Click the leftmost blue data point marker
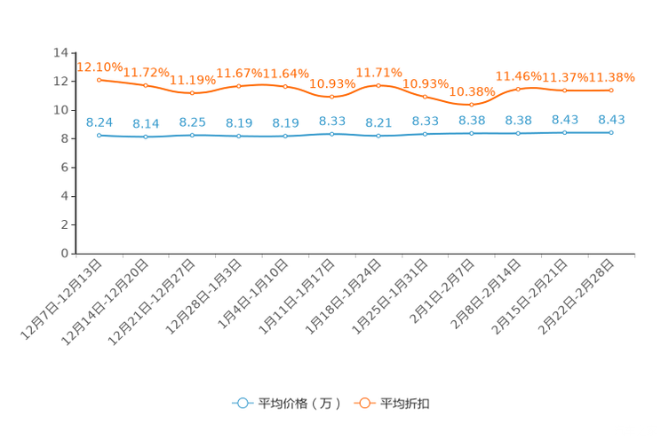click(100, 136)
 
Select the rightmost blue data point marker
click(611, 133)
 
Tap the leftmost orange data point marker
click(100, 80)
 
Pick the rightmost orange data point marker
click(611, 90)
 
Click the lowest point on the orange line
click(472, 104)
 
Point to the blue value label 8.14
click(146, 124)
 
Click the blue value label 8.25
click(192, 122)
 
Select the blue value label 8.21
click(378, 123)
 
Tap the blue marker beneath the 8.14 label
click(146, 137)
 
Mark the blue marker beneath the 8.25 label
click(193, 135)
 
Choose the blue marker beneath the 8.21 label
click(378, 136)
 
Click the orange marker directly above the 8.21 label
click(378, 85)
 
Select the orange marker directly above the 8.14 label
click(146, 85)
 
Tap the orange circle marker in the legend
click(364, 403)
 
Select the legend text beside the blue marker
click(299, 404)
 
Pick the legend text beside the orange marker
click(407, 404)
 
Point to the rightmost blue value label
click(611, 121)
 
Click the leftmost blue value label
click(100, 122)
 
